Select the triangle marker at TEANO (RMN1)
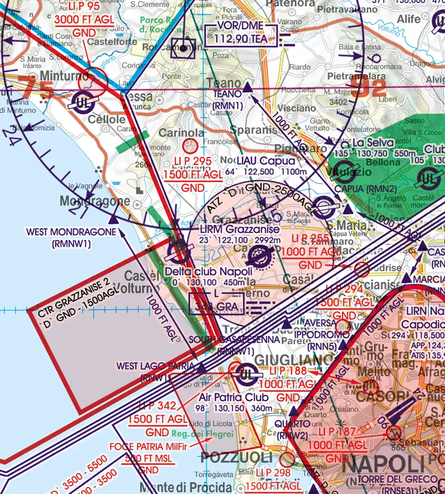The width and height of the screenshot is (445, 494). tap(248, 88)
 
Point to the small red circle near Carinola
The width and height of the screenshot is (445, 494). tap(190, 146)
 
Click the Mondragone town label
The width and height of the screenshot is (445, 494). tap(95, 202)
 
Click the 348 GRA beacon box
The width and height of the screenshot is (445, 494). tap(217, 306)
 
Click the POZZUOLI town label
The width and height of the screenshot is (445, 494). tap(238, 456)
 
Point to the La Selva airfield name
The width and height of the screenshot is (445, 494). tap(373, 143)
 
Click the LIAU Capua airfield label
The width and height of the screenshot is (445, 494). tap(266, 161)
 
